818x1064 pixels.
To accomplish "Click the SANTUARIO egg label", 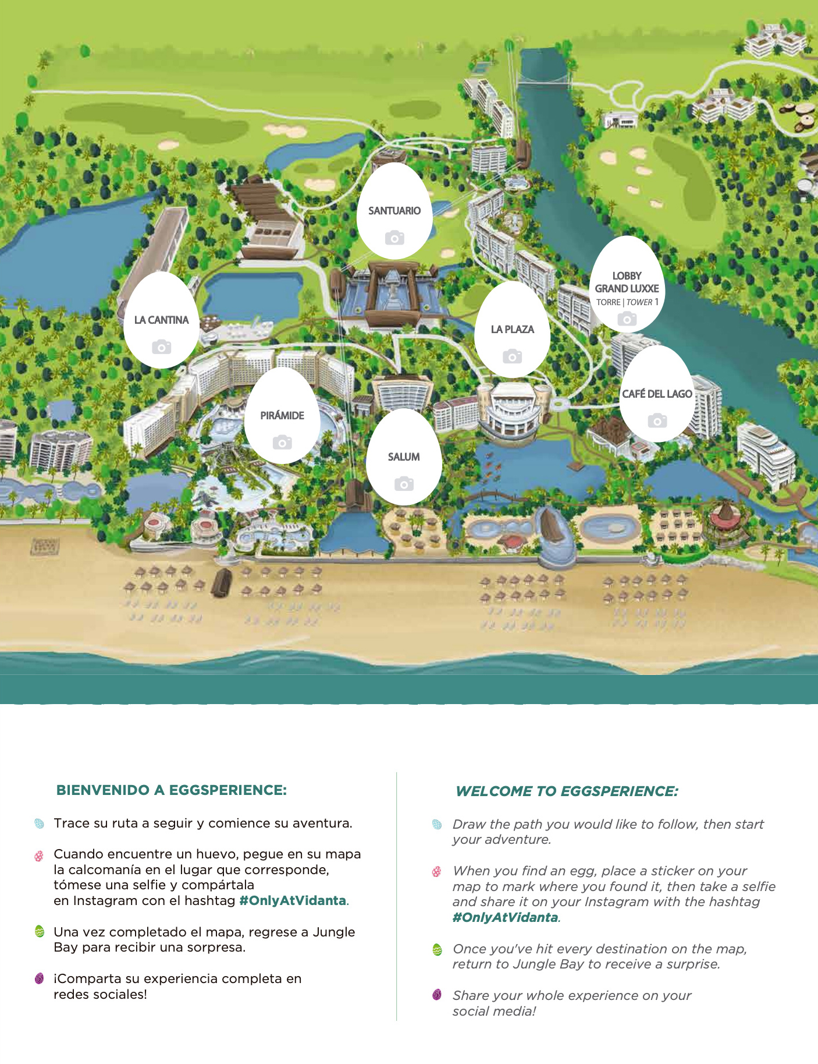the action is click(x=394, y=211).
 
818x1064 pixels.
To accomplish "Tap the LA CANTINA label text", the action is click(x=161, y=320).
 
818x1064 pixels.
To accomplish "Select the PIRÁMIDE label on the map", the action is click(x=282, y=416).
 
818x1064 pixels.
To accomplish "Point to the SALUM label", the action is click(x=404, y=457).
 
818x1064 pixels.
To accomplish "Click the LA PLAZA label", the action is click(x=512, y=330).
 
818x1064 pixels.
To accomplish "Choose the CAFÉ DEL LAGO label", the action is click(x=657, y=394).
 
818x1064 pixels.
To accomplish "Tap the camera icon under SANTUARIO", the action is click(x=394, y=238).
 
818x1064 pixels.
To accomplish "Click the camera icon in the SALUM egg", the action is click(x=404, y=483).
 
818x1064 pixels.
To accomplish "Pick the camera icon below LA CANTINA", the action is click(x=161, y=347).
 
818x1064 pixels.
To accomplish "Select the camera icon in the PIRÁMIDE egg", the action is click(x=282, y=443).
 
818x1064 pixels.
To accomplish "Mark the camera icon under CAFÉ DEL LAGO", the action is click(x=657, y=420).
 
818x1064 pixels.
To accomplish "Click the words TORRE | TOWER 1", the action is click(x=627, y=302).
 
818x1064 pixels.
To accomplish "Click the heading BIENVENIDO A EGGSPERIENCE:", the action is click(x=172, y=790).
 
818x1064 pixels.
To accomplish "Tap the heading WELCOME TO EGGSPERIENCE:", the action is click(x=567, y=791).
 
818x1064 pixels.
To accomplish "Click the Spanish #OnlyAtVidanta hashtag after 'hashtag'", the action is click(x=293, y=901).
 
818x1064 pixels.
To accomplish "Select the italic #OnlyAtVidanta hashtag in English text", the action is click(x=505, y=918).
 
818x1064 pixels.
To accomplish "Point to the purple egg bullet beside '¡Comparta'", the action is click(x=40, y=978).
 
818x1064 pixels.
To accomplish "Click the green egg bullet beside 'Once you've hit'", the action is click(x=438, y=950).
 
